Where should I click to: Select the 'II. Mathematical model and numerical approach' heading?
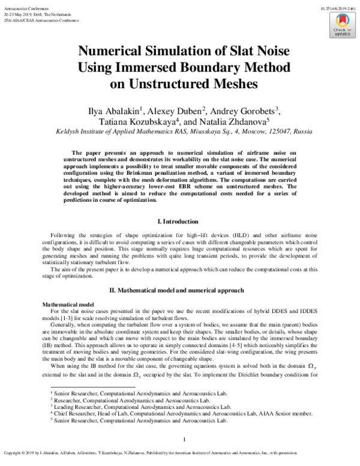179,290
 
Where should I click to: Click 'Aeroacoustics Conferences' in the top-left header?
22,4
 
